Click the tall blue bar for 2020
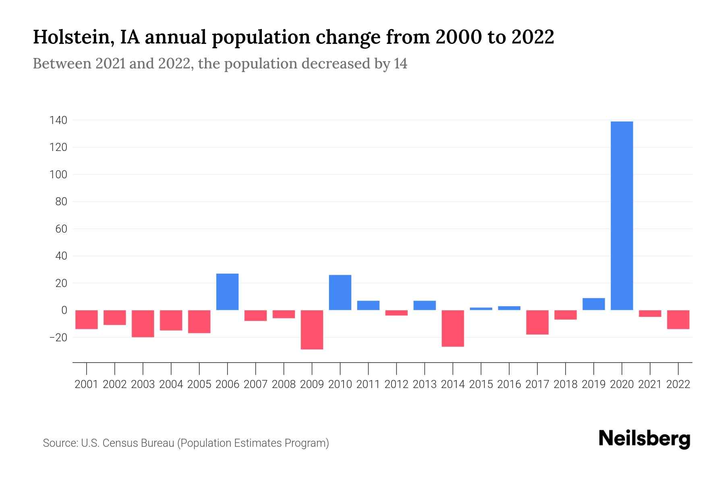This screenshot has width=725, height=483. pos(622,215)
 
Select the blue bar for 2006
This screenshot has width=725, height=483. pos(228,292)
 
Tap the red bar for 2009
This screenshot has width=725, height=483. pos(312,330)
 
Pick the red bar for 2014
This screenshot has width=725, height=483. pos(453,328)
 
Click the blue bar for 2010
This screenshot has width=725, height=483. pos(340,293)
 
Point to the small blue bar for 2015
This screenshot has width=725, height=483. pos(481,309)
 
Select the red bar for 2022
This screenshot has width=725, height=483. pos(678,320)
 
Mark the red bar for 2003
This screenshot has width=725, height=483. pos(143,324)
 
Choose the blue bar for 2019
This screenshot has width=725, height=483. pos(594,304)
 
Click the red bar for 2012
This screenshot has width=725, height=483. pos(396,313)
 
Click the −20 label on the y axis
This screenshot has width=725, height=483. pos(58,337)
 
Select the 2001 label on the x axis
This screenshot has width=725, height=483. pos(87,384)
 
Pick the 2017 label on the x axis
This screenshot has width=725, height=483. pos(537,384)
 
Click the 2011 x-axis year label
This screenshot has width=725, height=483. pos(368,384)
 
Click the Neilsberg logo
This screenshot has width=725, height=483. pos(644,439)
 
